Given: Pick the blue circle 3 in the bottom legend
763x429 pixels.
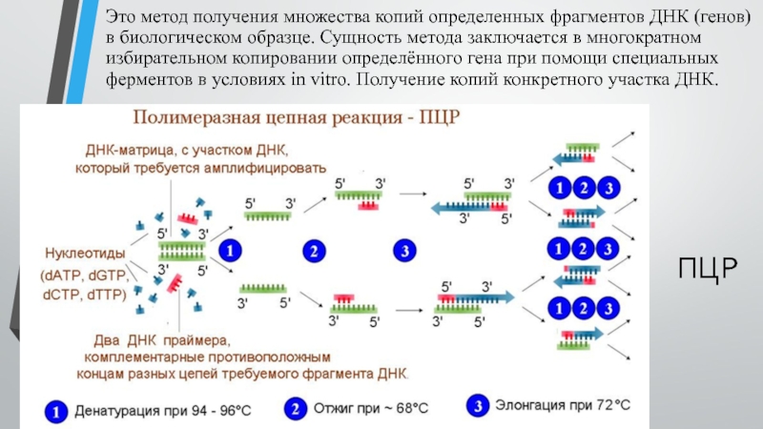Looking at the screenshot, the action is pyautogui.click(x=477, y=405).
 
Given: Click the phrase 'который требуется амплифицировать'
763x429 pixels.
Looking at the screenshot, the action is pyautogui.click(x=201, y=169).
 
